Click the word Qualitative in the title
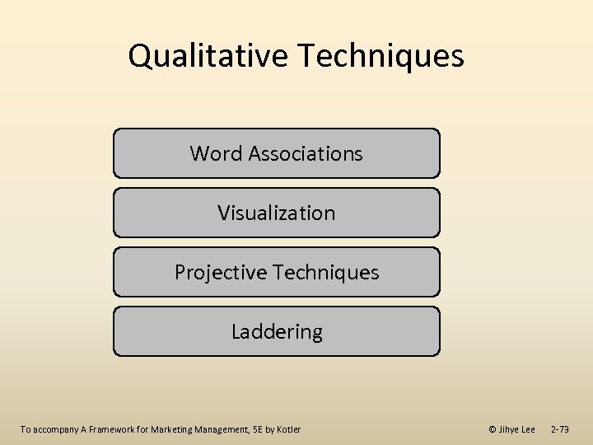[x=209, y=56]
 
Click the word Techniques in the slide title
[x=381, y=56]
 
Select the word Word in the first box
[x=216, y=153]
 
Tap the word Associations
[x=306, y=153]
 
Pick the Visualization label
[x=277, y=213]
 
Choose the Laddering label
[x=277, y=331]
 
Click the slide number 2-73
[x=559, y=429]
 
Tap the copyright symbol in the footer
[x=493, y=429]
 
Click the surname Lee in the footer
[x=528, y=429]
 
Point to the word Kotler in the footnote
[x=288, y=429]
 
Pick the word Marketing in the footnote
[x=169, y=429]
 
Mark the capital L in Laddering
[x=236, y=331]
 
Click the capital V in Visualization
[x=223, y=213]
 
